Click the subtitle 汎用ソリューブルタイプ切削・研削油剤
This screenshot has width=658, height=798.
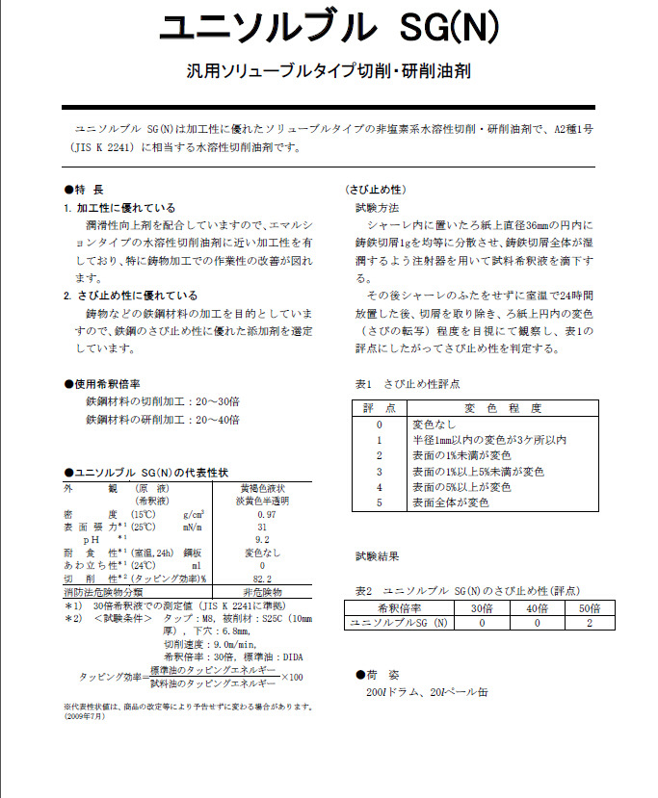click(329, 71)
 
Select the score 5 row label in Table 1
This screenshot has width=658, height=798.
click(380, 502)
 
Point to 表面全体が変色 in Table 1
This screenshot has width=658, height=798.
click(450, 502)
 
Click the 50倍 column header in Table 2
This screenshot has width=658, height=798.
click(589, 609)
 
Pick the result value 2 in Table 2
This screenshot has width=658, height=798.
click(589, 623)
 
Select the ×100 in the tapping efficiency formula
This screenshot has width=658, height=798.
click(292, 677)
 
